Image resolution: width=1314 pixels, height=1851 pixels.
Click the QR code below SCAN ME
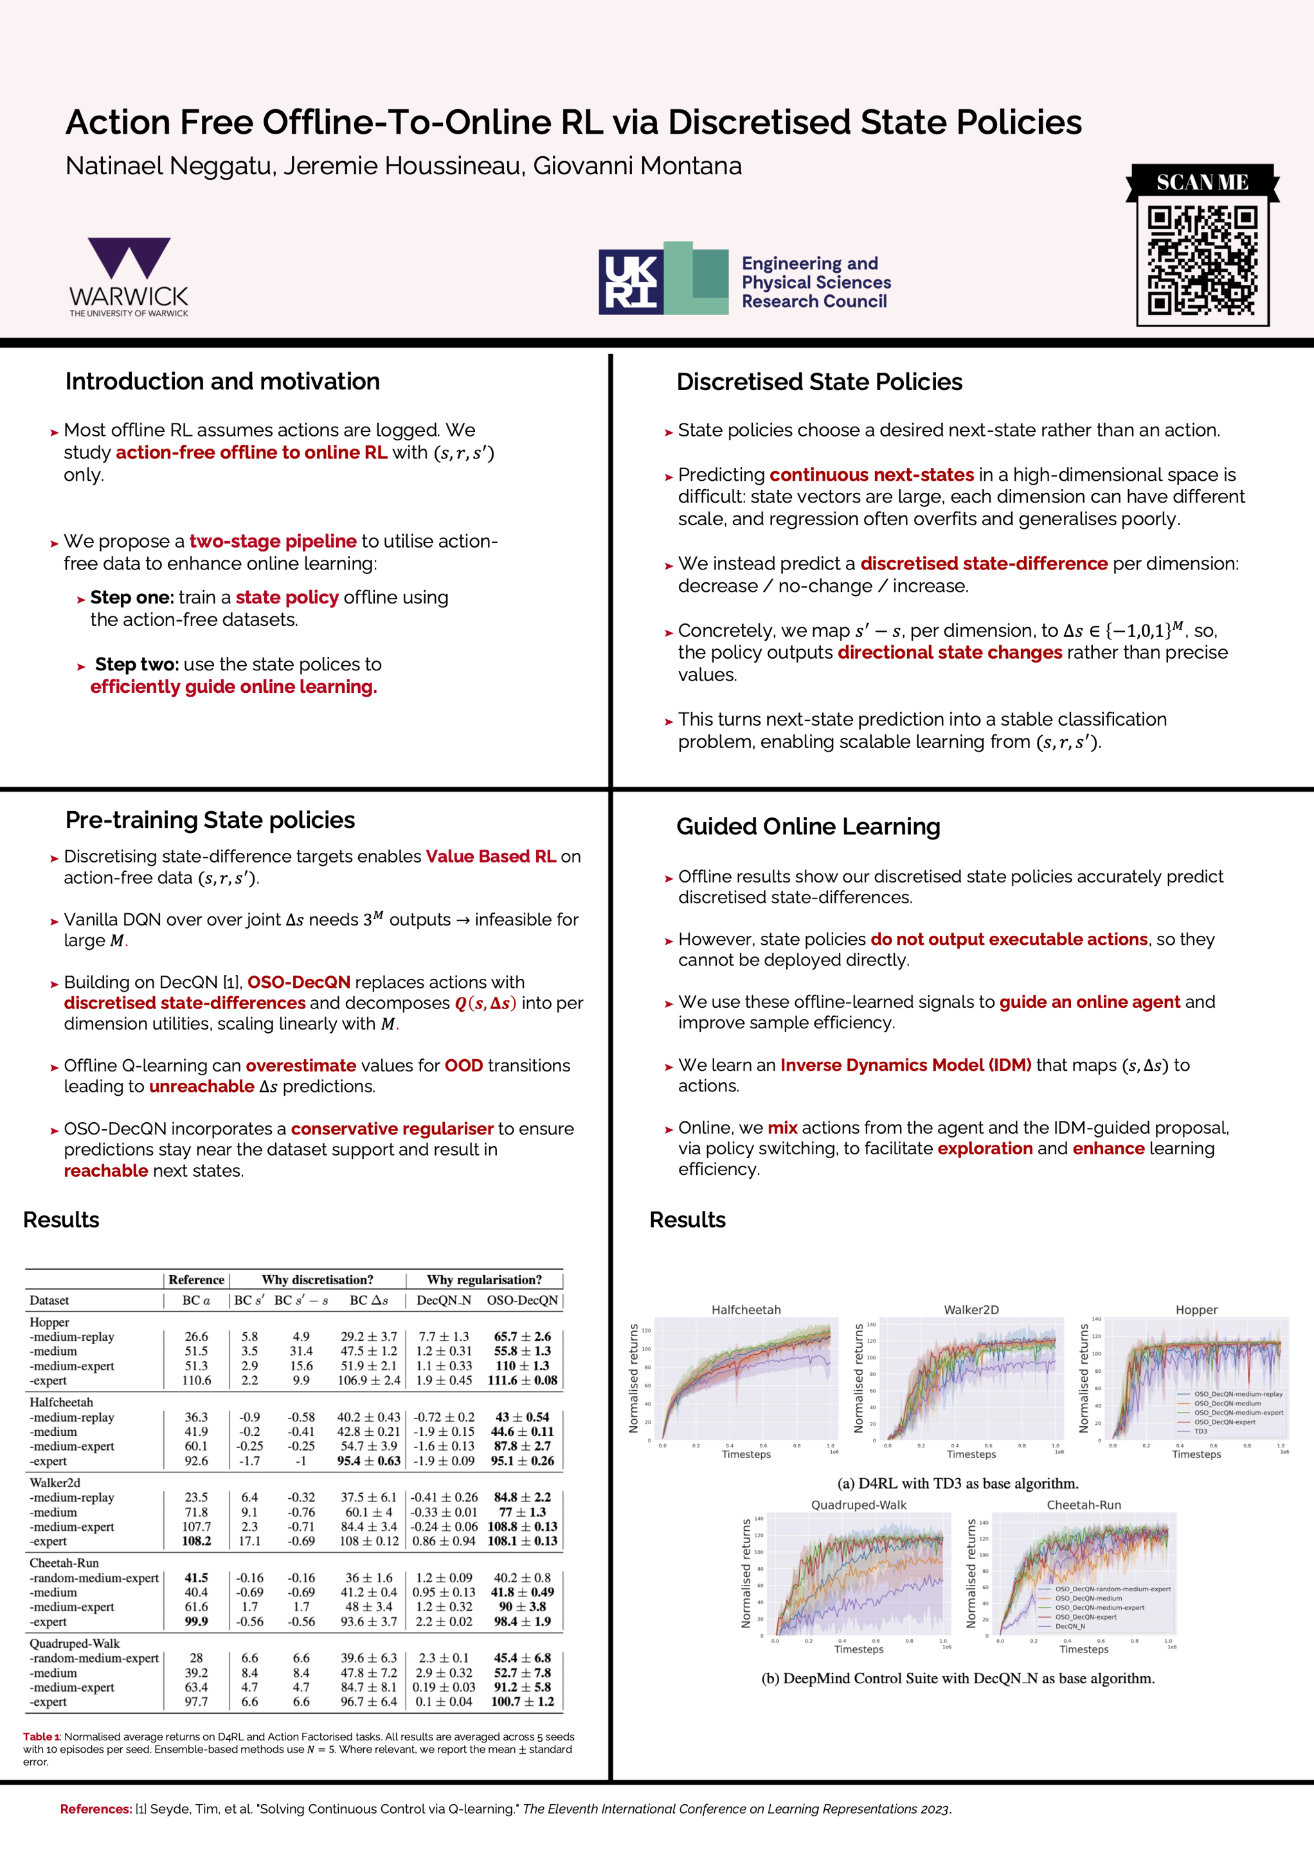pos(1201,260)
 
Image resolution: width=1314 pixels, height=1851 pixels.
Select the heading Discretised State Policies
pos(819,382)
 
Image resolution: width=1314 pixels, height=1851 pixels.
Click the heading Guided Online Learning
pos(807,826)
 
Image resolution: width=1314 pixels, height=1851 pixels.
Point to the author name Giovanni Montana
pos(637,166)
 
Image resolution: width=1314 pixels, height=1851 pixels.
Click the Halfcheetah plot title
pos(746,1309)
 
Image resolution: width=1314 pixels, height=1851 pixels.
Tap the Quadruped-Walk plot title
pos(858,1505)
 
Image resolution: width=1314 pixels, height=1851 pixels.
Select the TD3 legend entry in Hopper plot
pos(1201,1431)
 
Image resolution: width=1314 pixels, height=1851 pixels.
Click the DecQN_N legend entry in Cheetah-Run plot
pos(1070,1626)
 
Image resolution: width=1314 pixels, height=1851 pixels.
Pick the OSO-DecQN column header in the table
pos(522,1300)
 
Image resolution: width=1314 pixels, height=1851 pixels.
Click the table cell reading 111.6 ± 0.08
pos(522,1380)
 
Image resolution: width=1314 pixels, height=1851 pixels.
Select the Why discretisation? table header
pos(317,1280)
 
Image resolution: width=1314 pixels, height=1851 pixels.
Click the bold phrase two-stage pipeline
pos(273,541)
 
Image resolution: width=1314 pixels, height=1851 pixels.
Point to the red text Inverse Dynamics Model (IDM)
pos(905,1065)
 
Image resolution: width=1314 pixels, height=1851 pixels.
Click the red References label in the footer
pos(96,1809)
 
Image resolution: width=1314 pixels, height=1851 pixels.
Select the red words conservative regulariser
pos(392,1129)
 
